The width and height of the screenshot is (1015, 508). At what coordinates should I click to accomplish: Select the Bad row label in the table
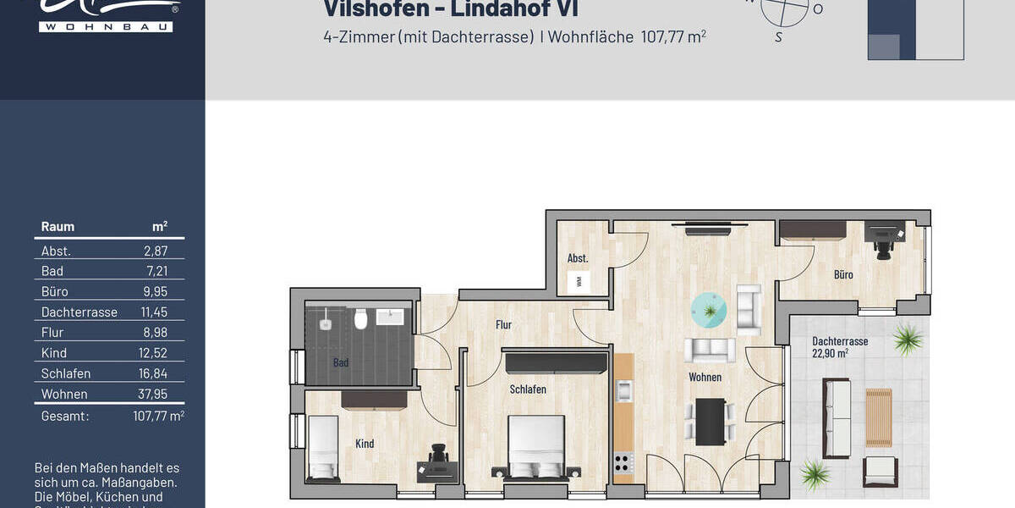(x=52, y=271)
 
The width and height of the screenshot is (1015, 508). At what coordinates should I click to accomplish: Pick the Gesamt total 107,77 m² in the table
(x=158, y=416)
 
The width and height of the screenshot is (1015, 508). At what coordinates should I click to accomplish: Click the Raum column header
(x=58, y=226)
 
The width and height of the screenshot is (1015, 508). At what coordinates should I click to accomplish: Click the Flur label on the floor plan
(x=505, y=324)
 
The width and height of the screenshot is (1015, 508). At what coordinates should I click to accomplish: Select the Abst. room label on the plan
(x=578, y=258)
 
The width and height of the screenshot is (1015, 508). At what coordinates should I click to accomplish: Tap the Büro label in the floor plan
(x=842, y=274)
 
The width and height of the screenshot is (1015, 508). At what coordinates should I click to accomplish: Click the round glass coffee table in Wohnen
(x=709, y=311)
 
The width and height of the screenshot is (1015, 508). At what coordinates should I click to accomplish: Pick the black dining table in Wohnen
(x=710, y=421)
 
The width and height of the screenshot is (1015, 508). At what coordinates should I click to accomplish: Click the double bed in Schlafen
(x=535, y=447)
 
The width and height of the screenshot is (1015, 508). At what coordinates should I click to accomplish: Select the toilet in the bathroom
(x=360, y=319)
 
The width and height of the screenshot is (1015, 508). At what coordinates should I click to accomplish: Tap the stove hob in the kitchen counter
(x=623, y=463)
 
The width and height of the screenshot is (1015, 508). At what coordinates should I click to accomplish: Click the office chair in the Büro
(x=884, y=240)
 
